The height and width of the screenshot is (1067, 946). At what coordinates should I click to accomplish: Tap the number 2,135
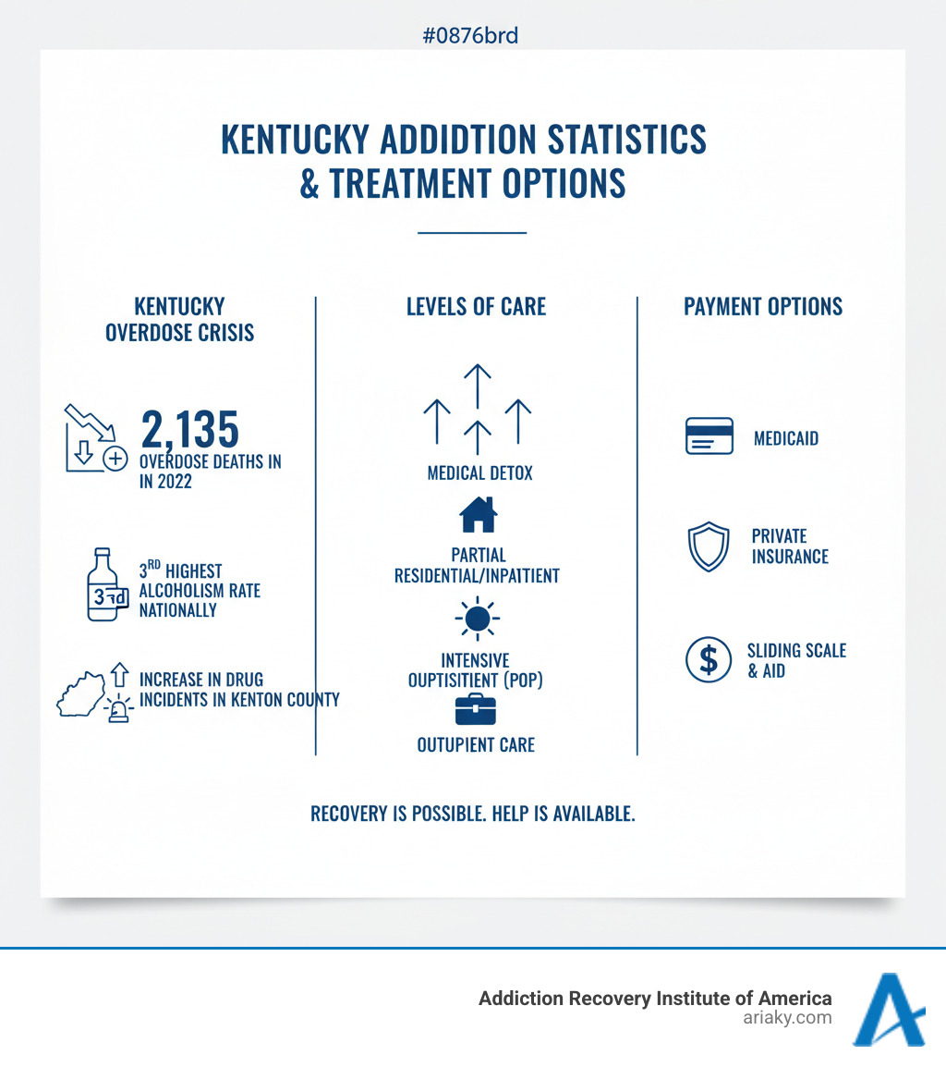(189, 429)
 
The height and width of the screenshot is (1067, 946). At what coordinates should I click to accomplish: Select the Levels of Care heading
(476, 307)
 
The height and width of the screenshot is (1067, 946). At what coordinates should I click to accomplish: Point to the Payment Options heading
(763, 307)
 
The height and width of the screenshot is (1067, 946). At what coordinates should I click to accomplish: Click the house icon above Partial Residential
(478, 515)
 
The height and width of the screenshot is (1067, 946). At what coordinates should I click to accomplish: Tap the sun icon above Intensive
(477, 619)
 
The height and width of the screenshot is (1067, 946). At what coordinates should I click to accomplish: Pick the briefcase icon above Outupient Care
(476, 710)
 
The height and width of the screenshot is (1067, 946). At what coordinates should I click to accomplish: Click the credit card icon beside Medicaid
(709, 436)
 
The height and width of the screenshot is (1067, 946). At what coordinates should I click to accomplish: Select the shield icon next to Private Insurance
(709, 547)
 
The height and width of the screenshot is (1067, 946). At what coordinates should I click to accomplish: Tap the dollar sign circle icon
(709, 659)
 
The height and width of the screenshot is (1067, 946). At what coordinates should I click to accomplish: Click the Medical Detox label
(479, 473)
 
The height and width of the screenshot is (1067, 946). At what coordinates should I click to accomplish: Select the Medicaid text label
(785, 438)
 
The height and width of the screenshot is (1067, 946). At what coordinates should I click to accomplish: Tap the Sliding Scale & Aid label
(796, 660)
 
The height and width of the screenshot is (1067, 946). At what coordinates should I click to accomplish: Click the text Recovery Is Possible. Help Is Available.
(472, 815)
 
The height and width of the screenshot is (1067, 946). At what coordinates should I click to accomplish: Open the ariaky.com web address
(787, 1018)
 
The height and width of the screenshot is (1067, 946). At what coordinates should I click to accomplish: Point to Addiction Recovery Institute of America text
(654, 998)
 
